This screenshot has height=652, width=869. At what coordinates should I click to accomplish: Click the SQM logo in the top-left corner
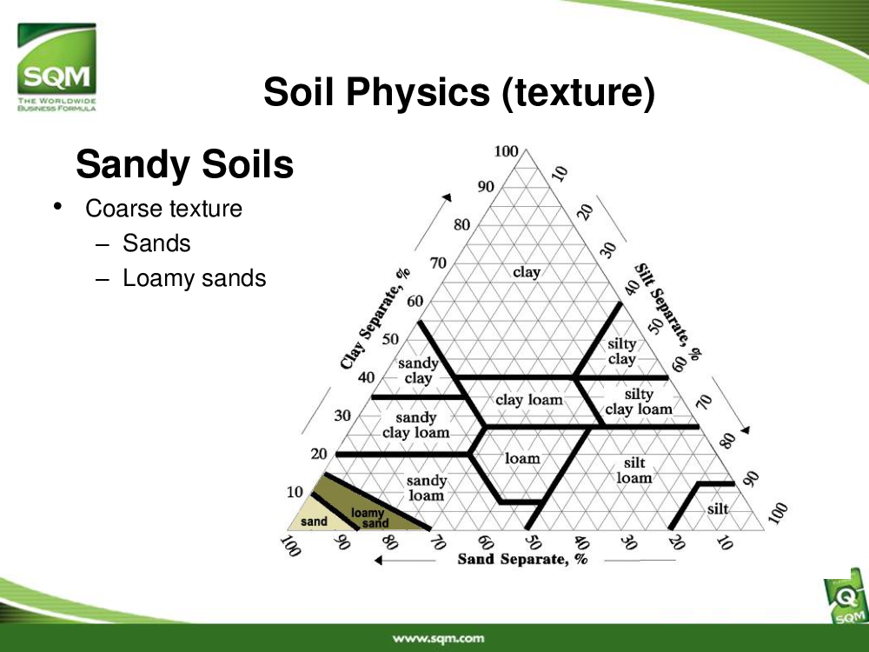coord(56,67)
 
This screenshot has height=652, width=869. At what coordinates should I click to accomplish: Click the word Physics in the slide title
coord(419,91)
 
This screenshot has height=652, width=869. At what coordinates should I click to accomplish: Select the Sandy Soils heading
coord(184,164)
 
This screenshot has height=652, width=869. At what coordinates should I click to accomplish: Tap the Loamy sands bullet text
coord(194,278)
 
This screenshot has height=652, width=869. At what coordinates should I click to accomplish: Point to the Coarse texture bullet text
coord(163,209)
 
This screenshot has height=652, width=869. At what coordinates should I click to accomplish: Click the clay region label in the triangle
coord(527,272)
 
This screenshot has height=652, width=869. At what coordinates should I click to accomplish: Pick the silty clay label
coord(622,351)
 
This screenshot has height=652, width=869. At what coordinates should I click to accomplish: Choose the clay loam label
coord(528,400)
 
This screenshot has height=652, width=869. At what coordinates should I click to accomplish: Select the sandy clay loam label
coord(415,425)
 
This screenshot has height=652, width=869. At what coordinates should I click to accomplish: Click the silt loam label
coord(634,470)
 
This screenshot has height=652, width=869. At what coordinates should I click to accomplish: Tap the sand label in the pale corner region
coord(314,522)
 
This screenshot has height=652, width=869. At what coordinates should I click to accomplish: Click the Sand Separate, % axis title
coord(522,559)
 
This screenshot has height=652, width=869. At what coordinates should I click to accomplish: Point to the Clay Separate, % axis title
coord(375,319)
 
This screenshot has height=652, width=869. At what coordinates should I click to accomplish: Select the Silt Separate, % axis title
coord(667,311)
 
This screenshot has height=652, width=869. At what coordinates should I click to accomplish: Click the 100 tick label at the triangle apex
coord(506,151)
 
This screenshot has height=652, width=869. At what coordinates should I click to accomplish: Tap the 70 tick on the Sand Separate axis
coord(437,542)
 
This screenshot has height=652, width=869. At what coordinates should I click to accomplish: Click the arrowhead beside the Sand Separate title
coord(379,561)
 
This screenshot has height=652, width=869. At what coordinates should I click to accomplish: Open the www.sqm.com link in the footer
coord(438,639)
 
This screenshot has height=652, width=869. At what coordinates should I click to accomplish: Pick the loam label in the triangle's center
coord(522,458)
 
